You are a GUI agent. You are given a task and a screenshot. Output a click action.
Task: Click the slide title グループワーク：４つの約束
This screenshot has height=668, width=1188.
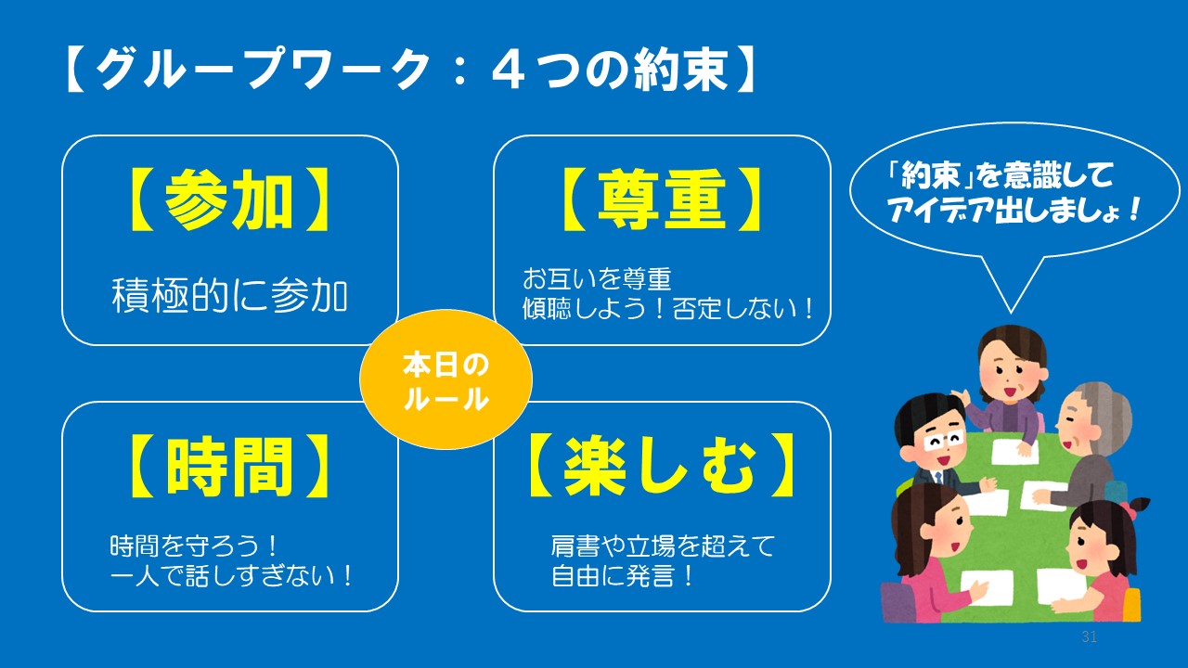pos(411,70)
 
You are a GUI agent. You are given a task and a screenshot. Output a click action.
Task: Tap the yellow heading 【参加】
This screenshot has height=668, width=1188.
pos(229,200)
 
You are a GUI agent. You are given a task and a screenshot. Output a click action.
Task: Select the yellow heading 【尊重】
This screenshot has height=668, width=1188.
pos(662,200)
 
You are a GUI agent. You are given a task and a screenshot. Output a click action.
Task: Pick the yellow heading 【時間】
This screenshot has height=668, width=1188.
pos(229,467)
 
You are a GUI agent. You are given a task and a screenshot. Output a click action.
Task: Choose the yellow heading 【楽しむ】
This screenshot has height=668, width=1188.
pos(661,467)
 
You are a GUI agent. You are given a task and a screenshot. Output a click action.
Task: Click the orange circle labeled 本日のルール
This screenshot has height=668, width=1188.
pos(445,379)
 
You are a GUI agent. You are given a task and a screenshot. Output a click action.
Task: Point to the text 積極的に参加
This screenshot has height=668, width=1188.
pos(229,295)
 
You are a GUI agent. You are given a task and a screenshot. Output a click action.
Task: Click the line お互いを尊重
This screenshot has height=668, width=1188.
pos(597,279)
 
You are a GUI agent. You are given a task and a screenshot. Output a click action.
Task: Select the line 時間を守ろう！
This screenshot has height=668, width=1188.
pos(193,546)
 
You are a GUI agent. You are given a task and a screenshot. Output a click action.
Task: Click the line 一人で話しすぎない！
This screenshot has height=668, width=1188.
pos(231,575)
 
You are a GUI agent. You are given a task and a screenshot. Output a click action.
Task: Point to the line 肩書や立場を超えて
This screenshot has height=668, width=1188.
pos(663,546)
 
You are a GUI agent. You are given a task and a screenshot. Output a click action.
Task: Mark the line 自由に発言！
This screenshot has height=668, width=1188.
pos(622,575)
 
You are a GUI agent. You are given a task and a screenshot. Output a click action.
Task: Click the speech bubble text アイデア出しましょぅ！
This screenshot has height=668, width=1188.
pos(1014,210)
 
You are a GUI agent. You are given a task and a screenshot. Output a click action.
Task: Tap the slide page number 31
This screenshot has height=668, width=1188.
pos(1089,636)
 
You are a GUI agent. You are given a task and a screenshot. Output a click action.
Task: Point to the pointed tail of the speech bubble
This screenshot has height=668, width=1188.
pos(1011,313)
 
